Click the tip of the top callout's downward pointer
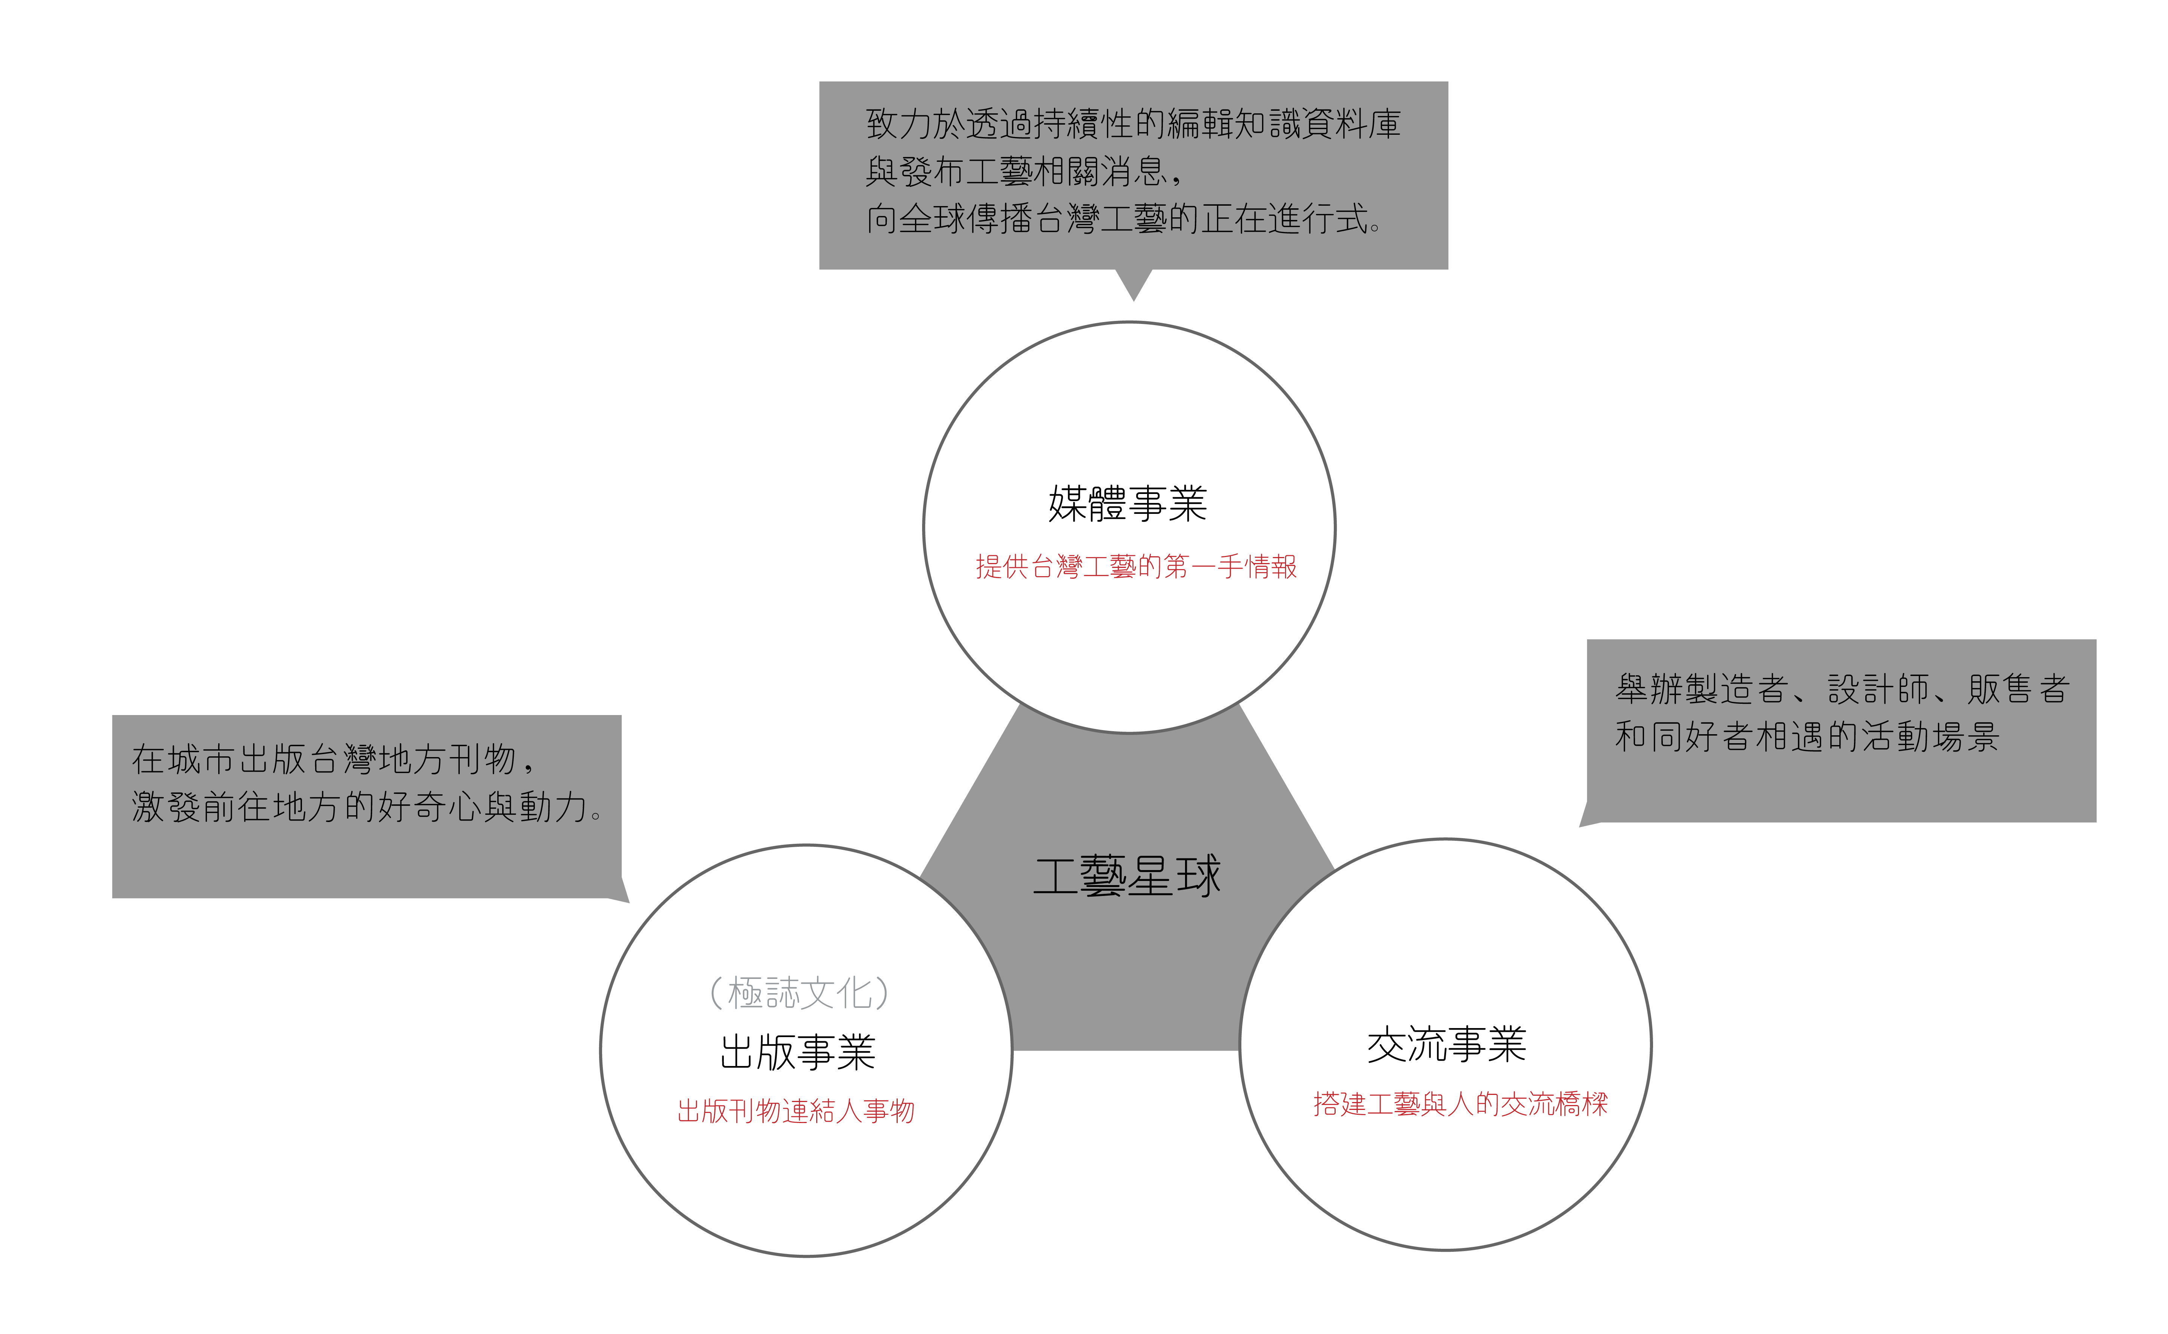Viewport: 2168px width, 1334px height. (x=1134, y=301)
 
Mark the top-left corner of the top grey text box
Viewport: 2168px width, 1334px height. (x=820, y=82)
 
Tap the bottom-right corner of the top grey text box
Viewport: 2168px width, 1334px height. (x=1448, y=269)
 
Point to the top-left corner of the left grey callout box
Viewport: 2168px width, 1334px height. (x=113, y=715)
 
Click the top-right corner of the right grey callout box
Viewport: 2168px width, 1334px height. (x=2096, y=640)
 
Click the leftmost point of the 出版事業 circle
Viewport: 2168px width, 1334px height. (x=601, y=1051)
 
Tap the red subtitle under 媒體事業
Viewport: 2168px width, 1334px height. (x=1136, y=566)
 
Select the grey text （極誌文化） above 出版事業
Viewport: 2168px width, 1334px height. (x=799, y=992)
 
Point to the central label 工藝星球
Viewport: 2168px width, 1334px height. (x=1127, y=876)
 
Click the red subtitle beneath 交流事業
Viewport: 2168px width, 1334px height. (x=1460, y=1104)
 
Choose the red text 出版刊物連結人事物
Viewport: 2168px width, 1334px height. (x=795, y=1111)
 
